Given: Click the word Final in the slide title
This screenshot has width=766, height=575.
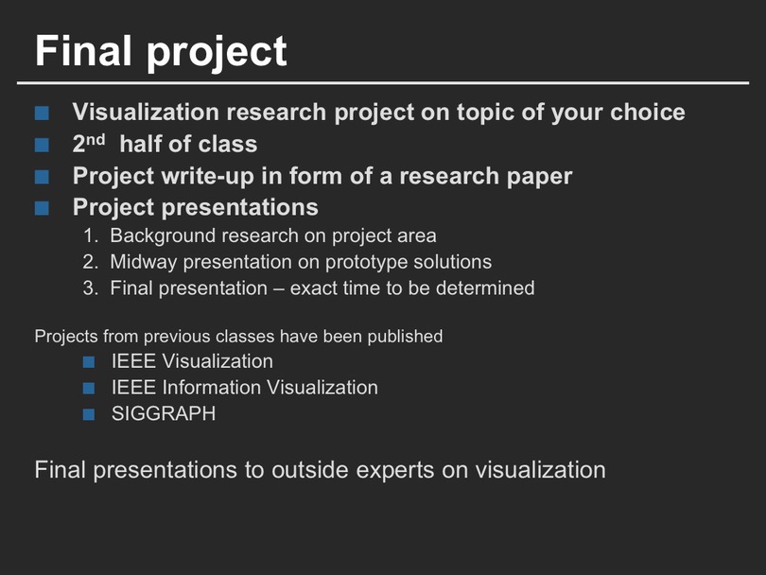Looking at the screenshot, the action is [83, 51].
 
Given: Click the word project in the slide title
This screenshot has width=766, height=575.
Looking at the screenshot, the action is [217, 54].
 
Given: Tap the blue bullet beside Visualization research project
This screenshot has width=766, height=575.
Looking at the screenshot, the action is [42, 113].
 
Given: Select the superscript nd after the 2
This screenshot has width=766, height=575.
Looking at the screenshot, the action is [95, 140].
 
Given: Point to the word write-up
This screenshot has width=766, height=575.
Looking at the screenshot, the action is [207, 177].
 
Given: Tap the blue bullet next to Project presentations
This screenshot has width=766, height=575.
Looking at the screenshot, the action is [42, 209].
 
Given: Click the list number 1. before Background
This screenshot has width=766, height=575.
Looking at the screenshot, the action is [91, 236].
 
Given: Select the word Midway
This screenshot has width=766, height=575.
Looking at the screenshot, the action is [144, 263].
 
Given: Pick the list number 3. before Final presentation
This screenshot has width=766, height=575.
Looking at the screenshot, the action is [91, 288].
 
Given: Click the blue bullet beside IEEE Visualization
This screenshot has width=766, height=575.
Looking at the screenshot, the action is [89, 362].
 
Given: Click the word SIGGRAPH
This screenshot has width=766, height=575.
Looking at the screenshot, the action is [164, 414].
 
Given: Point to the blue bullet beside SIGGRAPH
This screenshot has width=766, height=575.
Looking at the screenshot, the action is [89, 415].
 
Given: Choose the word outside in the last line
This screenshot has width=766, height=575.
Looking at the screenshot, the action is [310, 470].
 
